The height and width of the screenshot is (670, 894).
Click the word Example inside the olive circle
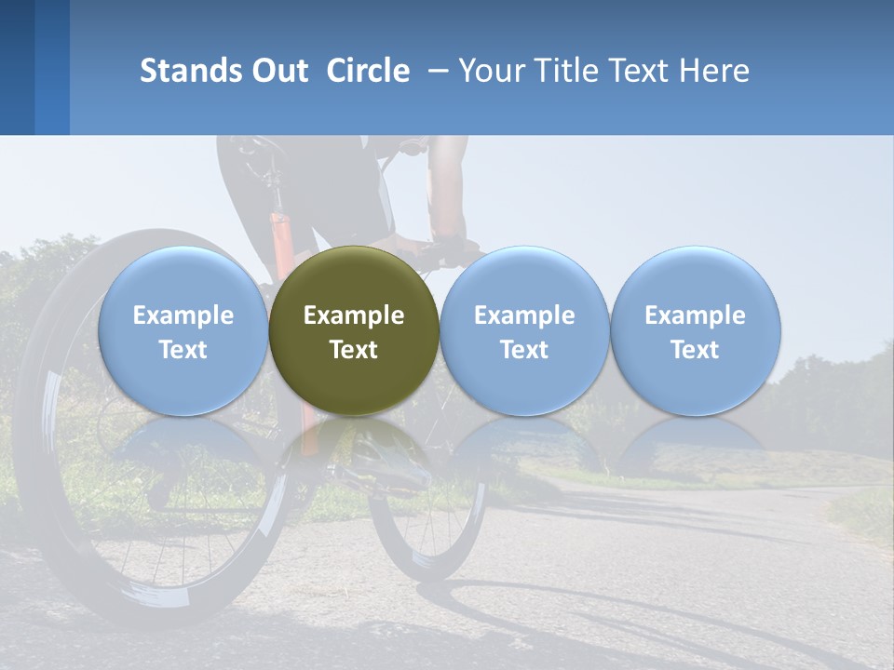[x=354, y=315]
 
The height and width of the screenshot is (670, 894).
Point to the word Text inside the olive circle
[x=354, y=350]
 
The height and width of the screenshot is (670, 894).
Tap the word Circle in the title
[x=368, y=71]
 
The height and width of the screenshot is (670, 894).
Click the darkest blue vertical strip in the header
[x=17, y=67]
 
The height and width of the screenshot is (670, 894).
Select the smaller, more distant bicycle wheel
[x=428, y=521]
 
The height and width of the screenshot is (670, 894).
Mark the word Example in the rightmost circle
[x=695, y=315]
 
